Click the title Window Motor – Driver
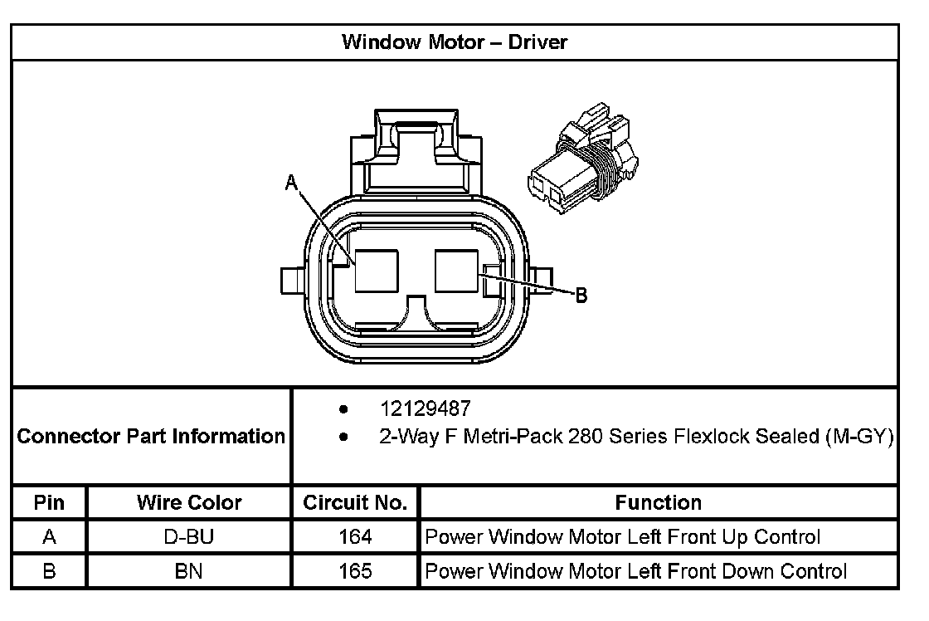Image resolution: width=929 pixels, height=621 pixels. coord(455,42)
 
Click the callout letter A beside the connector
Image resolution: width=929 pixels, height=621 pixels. coord(291,183)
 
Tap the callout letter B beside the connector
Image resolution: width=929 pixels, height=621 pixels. coord(581,295)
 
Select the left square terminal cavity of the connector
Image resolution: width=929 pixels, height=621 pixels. coord(377,271)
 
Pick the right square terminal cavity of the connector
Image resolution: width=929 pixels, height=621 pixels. coord(456,271)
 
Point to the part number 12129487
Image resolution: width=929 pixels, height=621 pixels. coord(425,409)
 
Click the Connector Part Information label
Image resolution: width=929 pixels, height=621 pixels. coord(151,436)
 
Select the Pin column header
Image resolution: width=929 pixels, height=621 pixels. coord(49,503)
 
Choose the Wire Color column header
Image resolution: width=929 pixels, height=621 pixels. coord(189,503)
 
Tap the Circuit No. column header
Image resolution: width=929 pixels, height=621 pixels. coord(355,503)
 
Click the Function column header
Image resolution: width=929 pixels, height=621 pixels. coord(659,503)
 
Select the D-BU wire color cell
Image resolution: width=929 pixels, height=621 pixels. coord(189,537)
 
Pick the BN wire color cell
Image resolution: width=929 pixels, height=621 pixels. coord(189,571)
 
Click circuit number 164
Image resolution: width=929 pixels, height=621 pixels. coord(355,537)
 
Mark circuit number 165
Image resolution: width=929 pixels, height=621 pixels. coord(355,571)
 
